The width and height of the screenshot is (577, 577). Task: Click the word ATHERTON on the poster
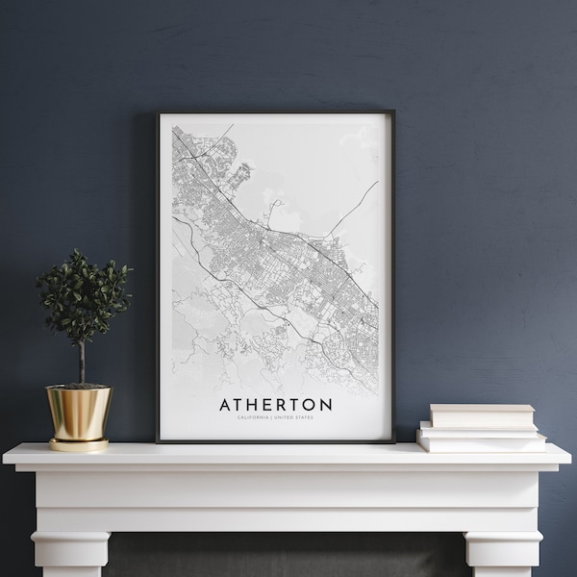(276, 405)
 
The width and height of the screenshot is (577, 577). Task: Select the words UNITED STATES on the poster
(298, 417)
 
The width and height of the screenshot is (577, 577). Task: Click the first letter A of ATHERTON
(225, 405)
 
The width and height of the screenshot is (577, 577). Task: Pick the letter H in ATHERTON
(255, 405)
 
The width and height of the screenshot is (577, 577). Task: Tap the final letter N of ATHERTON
(326, 405)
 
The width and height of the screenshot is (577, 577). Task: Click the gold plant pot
(79, 412)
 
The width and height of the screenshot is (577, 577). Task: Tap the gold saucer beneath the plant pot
(79, 444)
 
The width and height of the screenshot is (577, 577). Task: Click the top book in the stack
(482, 415)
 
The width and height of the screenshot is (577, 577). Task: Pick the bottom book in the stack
(482, 442)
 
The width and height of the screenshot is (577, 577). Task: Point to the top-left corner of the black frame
(158, 113)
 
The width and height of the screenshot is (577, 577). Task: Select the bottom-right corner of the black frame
(393, 441)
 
